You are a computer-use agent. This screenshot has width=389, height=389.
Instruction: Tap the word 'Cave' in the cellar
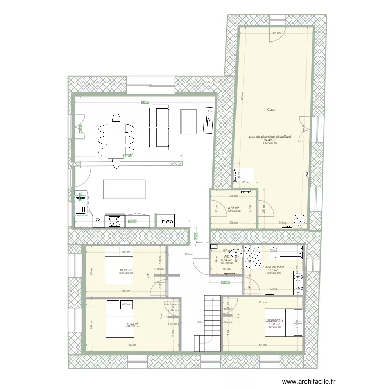[271, 110]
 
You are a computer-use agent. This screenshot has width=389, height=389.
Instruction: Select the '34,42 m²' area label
[270, 140]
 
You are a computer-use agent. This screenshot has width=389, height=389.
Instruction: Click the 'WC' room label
[227, 257]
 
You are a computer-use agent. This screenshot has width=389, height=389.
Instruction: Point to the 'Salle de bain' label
[273, 267]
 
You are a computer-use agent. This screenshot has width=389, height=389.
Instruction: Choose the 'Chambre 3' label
[274, 321]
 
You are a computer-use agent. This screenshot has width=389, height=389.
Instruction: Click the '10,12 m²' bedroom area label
[126, 270]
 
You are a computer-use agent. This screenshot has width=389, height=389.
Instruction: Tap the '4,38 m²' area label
[233, 209]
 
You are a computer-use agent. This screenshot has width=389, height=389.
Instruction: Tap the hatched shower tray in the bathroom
[254, 256]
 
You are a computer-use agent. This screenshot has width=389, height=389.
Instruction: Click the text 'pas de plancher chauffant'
[270, 137]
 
